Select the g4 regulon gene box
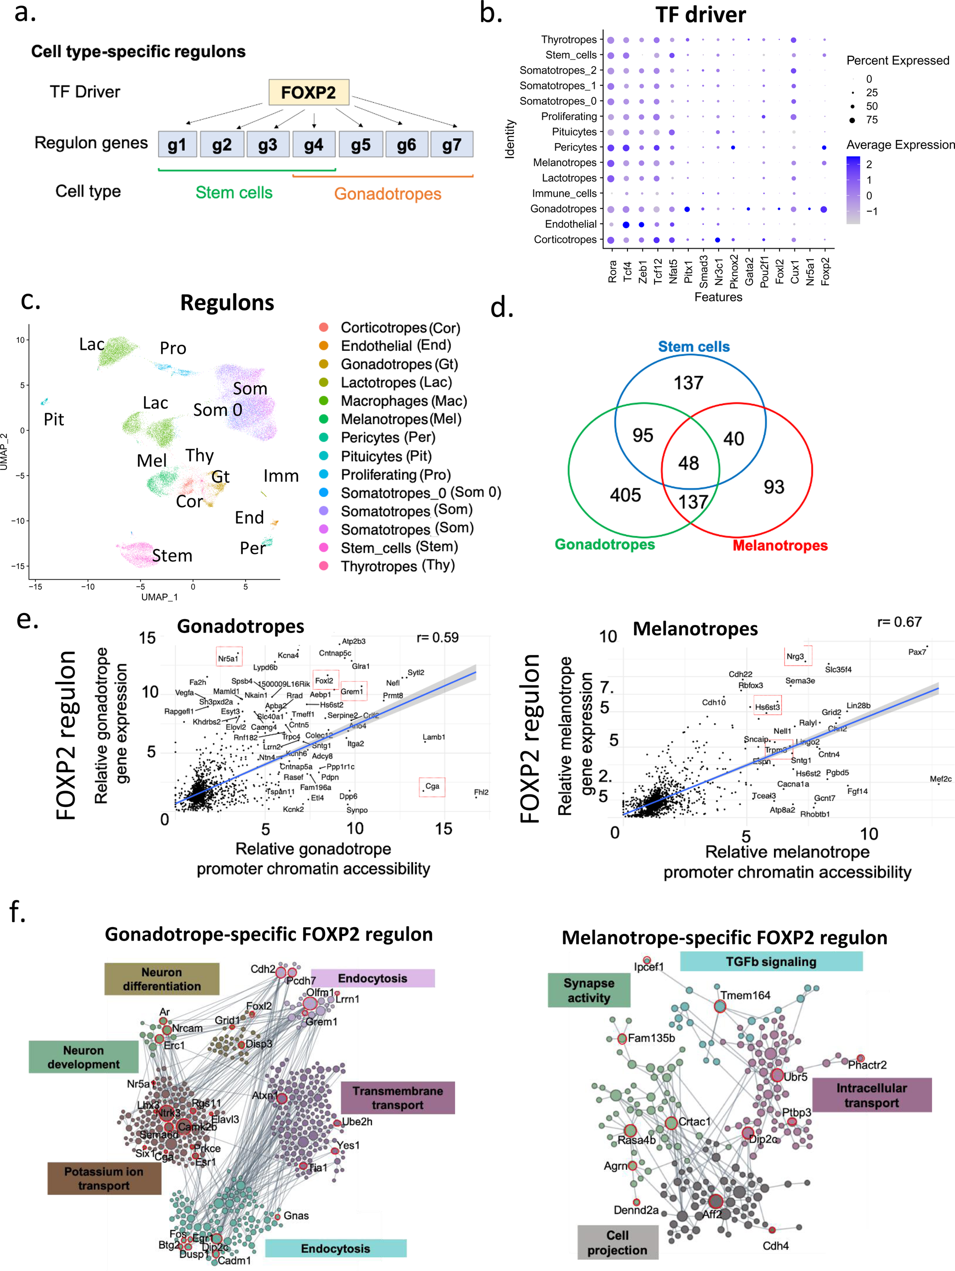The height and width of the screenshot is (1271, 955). pyautogui.click(x=314, y=144)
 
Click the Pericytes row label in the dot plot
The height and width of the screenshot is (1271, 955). pyautogui.click(x=575, y=147)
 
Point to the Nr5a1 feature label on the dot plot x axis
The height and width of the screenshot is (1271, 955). pyautogui.click(x=809, y=271)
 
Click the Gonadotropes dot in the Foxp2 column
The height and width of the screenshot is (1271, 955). pyautogui.click(x=824, y=209)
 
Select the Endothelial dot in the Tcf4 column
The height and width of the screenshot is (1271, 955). pyautogui.click(x=627, y=225)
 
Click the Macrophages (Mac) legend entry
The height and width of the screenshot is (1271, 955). pyautogui.click(x=403, y=401)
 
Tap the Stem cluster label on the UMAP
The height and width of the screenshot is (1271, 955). pyautogui.click(x=172, y=556)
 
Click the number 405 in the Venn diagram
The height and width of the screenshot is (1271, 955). pyautogui.click(x=625, y=495)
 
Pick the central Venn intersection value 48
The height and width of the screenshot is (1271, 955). pyautogui.click(x=688, y=463)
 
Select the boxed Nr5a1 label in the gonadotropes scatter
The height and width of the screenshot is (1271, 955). pyautogui.click(x=229, y=658)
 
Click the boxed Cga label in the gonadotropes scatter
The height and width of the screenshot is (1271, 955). pyautogui.click(x=432, y=786)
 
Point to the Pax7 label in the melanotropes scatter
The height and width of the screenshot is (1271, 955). pyautogui.click(x=917, y=651)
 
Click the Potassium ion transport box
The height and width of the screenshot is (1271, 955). pyautogui.click(x=104, y=1178)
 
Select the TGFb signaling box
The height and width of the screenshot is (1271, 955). pyautogui.click(x=771, y=961)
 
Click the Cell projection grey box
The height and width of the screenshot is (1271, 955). pyautogui.click(x=617, y=1242)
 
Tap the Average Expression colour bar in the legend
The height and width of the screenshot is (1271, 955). pyautogui.click(x=853, y=189)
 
